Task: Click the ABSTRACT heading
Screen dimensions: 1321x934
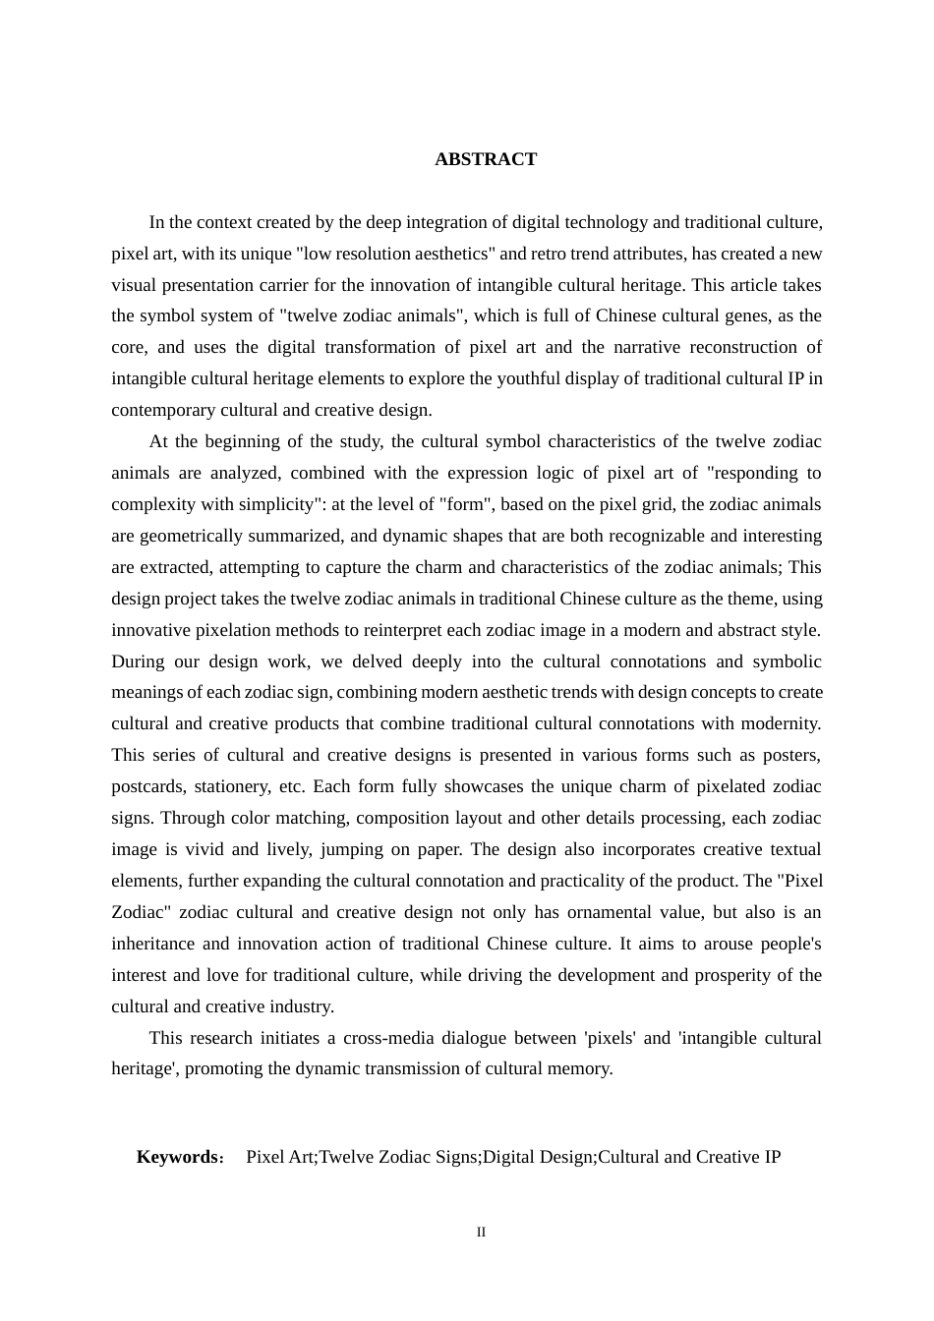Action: coord(486,159)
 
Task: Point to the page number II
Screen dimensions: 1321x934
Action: coord(481,1233)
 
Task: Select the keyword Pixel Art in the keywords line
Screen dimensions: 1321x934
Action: coord(279,1157)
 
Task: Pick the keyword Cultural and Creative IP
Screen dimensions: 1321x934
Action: coord(689,1157)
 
